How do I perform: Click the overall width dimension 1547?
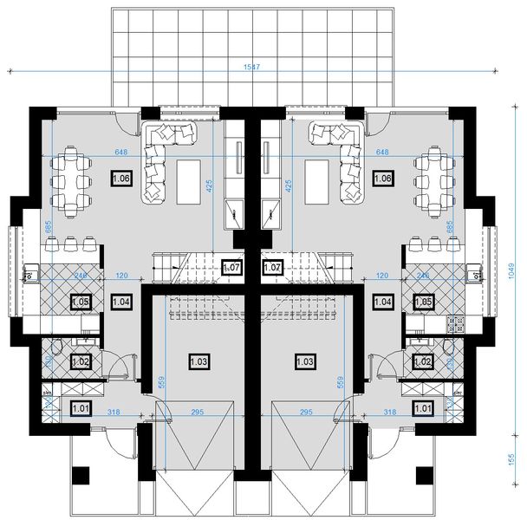[x=253, y=67]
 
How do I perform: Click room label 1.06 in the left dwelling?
[x=121, y=178]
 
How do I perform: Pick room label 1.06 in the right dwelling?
[x=381, y=178]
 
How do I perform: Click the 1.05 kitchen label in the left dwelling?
[x=81, y=302]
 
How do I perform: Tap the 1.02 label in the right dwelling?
[x=423, y=362]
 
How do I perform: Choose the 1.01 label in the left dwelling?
[x=79, y=407]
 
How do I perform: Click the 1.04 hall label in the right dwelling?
[x=382, y=302]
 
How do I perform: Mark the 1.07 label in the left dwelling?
[x=231, y=268]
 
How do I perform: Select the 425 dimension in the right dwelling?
[x=288, y=185]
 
